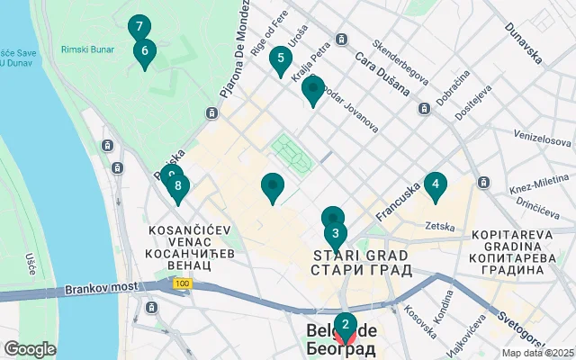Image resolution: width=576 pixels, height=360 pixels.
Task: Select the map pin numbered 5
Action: (281, 60)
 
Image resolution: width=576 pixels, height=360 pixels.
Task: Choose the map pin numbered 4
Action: (436, 186)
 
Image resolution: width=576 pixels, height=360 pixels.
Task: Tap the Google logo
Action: (30, 349)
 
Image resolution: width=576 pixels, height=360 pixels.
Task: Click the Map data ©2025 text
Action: (537, 354)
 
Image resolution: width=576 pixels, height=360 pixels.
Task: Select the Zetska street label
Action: (440, 226)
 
